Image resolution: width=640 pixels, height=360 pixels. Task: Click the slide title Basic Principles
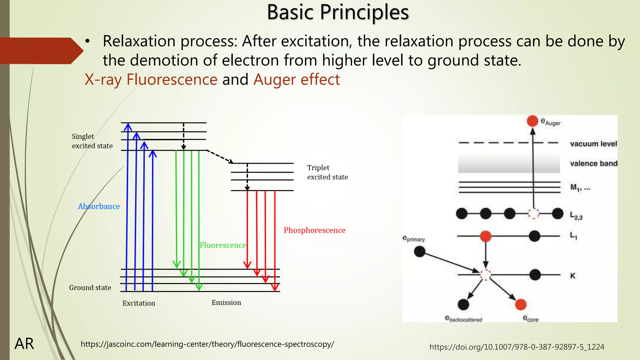click(338, 12)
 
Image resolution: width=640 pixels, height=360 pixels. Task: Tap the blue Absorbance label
click(99, 207)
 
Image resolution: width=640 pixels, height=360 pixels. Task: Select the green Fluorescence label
click(223, 245)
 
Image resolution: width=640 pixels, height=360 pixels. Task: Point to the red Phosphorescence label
click(314, 230)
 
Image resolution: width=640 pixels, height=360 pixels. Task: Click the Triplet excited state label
click(327, 172)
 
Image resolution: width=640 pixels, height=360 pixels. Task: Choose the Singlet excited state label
click(92, 141)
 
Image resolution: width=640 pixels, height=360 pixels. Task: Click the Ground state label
click(90, 287)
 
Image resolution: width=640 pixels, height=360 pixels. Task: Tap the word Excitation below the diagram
click(139, 303)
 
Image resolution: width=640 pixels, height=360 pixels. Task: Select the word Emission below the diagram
click(226, 302)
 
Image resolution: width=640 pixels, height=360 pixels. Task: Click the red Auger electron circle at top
click(532, 121)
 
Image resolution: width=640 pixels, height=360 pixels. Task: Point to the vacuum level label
click(593, 144)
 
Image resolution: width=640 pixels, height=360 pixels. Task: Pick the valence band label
click(593, 163)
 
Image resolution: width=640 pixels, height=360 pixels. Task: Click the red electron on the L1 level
click(485, 236)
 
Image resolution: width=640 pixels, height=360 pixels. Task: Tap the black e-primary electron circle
click(419, 251)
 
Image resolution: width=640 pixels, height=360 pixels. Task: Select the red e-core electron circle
click(521, 304)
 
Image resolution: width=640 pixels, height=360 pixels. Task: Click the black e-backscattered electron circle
click(463, 304)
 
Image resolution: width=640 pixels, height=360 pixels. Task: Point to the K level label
click(572, 276)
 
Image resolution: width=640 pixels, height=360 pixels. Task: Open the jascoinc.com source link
click(207, 344)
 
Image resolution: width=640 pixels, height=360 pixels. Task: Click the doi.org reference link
click(517, 347)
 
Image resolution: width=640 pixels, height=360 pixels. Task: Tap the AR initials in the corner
click(24, 344)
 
